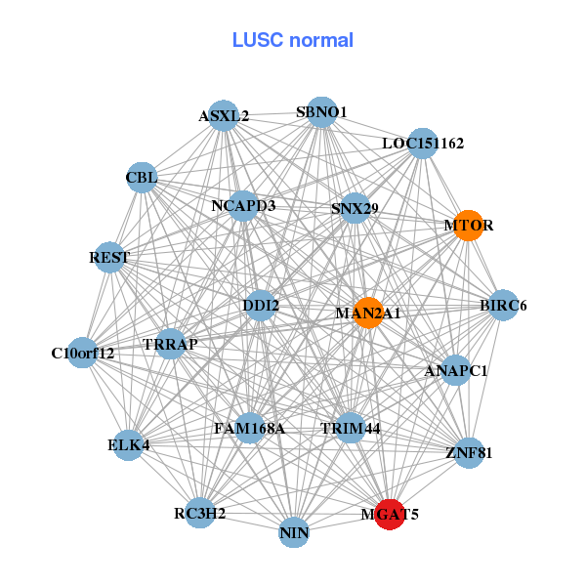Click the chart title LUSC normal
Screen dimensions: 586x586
pyautogui.click(x=292, y=40)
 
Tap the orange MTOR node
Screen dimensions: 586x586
pyautogui.click(x=469, y=226)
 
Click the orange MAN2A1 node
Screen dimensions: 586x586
pyautogui.click(x=368, y=314)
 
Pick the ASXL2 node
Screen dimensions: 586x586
pyautogui.click(x=225, y=116)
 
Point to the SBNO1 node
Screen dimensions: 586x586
pyautogui.click(x=322, y=112)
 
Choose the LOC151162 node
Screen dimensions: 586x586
pyautogui.click(x=422, y=144)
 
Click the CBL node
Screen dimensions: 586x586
pyautogui.click(x=142, y=178)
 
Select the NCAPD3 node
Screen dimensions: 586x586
pyautogui.click(x=243, y=206)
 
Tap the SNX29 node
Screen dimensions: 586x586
pyautogui.click(x=355, y=208)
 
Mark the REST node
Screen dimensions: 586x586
pyautogui.click(x=109, y=258)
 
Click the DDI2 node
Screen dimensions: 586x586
pyautogui.click(x=261, y=306)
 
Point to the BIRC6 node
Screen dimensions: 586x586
pyautogui.click(x=503, y=306)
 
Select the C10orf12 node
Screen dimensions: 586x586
pyautogui.click(x=83, y=353)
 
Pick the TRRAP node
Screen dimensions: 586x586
pyautogui.click(x=171, y=345)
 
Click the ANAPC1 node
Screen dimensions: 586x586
pyautogui.click(x=456, y=371)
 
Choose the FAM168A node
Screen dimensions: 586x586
pyautogui.click(x=250, y=428)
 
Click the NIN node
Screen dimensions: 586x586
pyautogui.click(x=294, y=533)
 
